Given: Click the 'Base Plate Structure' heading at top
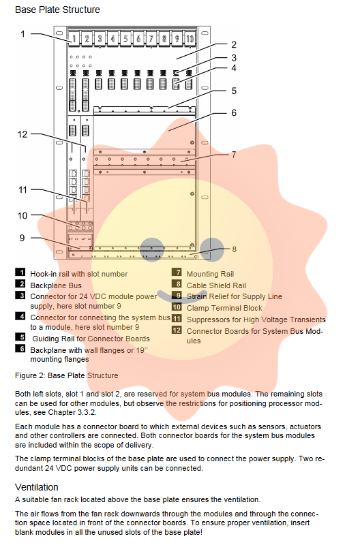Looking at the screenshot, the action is click(57, 10).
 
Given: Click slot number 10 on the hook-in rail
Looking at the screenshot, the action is click(190, 38).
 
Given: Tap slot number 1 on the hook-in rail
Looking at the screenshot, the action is click(74, 38).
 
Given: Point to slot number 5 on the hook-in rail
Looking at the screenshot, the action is click(125, 38).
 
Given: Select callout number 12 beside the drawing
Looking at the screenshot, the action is click(22, 134).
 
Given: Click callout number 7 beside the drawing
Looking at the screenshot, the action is click(234, 155).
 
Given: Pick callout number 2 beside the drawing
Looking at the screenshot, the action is click(234, 44).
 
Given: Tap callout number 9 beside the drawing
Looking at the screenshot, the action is click(22, 238).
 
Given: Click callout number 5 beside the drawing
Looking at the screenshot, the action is click(234, 91).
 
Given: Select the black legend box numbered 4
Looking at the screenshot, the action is click(20, 316).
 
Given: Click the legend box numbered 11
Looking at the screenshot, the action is click(177, 318).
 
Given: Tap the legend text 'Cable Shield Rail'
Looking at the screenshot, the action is click(216, 285).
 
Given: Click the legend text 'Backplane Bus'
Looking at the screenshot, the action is click(56, 285).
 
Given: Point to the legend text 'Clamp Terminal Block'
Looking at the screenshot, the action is click(224, 309).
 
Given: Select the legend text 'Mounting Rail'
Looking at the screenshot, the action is click(211, 275).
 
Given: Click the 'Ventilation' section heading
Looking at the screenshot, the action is click(37, 487).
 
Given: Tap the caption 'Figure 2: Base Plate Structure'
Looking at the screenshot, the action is click(66, 376).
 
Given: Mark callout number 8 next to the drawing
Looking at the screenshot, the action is click(235, 249).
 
